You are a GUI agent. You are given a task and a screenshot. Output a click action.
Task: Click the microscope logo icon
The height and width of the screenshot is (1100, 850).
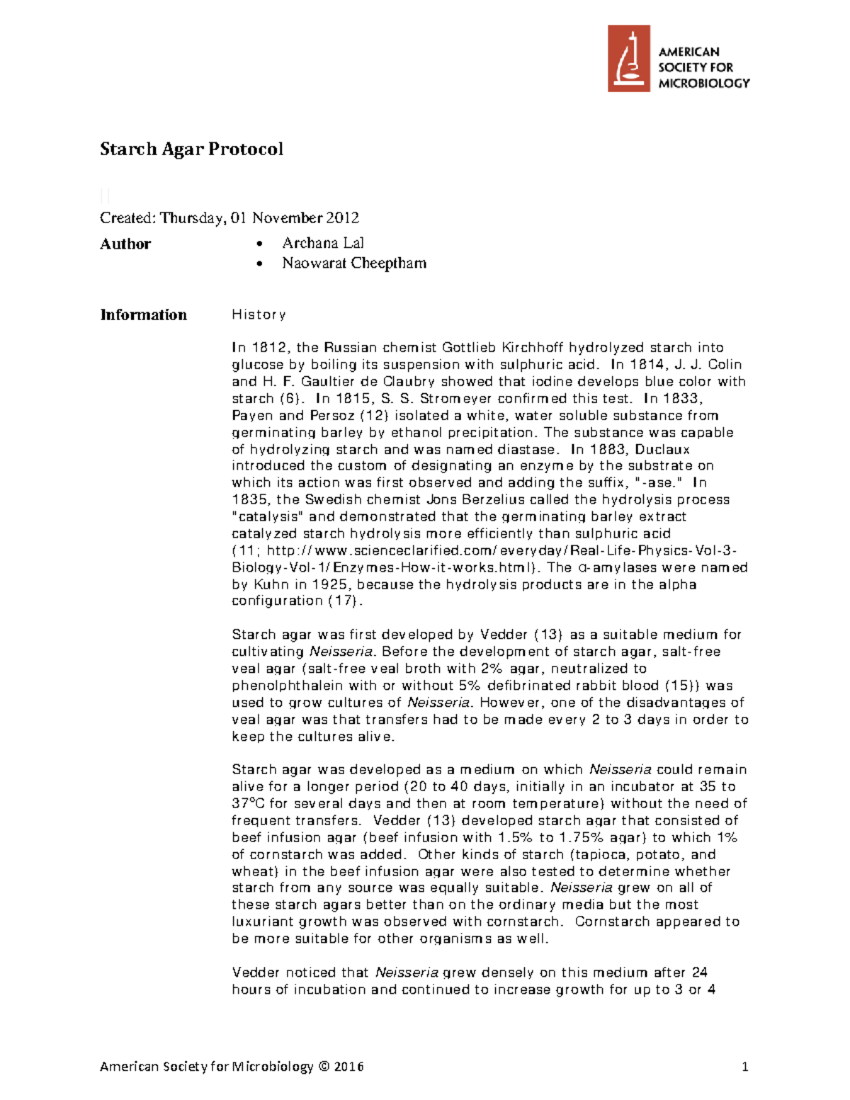[x=628, y=59]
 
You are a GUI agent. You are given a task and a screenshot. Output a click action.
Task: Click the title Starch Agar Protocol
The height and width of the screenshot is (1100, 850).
[x=191, y=149]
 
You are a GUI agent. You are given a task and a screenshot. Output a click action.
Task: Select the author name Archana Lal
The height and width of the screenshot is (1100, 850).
[x=323, y=243]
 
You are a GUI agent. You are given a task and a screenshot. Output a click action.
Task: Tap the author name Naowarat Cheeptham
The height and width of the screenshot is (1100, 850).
[x=354, y=263]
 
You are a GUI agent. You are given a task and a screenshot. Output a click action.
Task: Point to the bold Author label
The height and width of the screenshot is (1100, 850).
[x=125, y=244]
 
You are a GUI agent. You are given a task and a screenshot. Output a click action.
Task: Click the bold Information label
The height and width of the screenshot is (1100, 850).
[x=144, y=314]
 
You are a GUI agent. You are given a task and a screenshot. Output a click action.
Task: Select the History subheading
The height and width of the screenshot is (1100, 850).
[x=259, y=314]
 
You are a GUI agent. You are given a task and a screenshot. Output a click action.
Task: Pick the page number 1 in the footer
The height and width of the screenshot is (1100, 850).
[x=744, y=1067]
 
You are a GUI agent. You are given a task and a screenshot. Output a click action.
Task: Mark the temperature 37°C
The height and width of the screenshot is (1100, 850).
[x=248, y=803]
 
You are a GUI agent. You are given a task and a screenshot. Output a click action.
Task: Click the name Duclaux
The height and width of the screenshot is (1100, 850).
[x=662, y=449]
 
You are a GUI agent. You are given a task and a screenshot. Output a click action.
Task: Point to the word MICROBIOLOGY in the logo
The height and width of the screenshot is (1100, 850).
[x=703, y=83]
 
